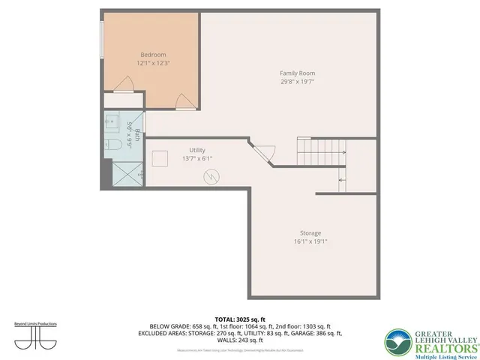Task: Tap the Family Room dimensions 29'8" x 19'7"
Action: tap(297, 82)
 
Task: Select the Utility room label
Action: tap(197, 150)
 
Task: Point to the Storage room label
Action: tap(310, 233)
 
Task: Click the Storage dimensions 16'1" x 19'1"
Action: tap(310, 242)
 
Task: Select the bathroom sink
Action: tap(110, 120)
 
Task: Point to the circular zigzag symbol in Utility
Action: tap(213, 176)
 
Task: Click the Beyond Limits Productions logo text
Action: tap(36, 323)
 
